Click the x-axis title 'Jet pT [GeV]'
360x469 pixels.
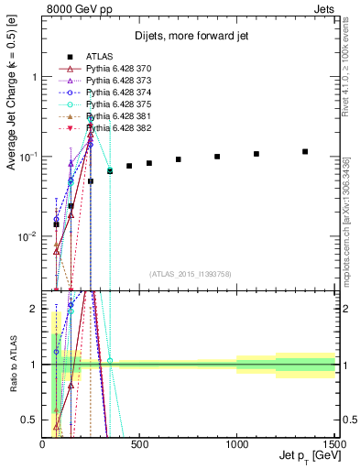(x=307, y=456)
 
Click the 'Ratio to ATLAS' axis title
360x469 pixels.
(x=12, y=366)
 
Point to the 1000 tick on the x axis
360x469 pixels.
(x=237, y=443)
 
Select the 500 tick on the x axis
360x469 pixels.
(x=139, y=443)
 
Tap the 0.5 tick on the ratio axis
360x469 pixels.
(x=32, y=420)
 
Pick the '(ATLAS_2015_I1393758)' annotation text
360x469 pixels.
(x=189, y=274)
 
